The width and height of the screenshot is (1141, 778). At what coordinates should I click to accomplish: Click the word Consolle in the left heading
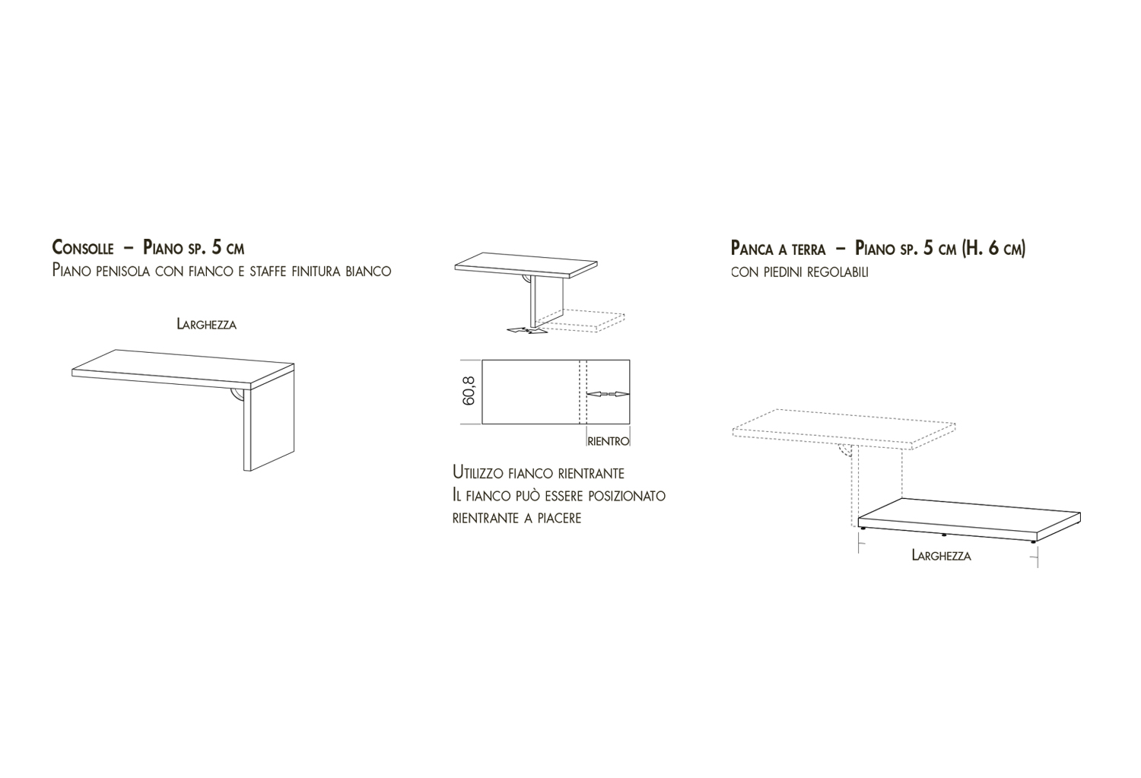point(82,247)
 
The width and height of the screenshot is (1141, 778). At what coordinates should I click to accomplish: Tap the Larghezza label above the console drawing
point(207,324)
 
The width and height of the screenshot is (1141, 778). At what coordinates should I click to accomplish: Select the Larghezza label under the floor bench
point(942,555)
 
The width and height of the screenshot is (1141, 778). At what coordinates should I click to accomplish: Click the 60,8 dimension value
point(469,391)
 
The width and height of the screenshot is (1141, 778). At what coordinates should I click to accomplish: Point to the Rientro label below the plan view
point(609,441)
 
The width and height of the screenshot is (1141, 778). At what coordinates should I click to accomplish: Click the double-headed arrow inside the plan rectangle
point(609,394)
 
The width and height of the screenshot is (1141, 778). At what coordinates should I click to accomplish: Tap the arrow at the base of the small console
point(528,331)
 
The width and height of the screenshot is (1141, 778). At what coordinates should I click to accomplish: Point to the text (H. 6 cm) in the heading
point(993,248)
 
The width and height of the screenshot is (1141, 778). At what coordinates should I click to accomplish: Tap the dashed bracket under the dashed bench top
point(844,450)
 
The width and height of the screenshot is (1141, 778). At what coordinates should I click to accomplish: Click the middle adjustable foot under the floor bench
point(944,535)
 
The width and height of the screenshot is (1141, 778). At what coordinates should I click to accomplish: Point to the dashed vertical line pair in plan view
point(583,392)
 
